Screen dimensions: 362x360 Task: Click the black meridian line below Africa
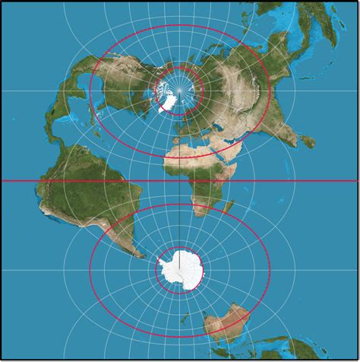tap(180, 228)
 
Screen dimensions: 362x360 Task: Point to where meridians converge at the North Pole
tap(180, 90)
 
